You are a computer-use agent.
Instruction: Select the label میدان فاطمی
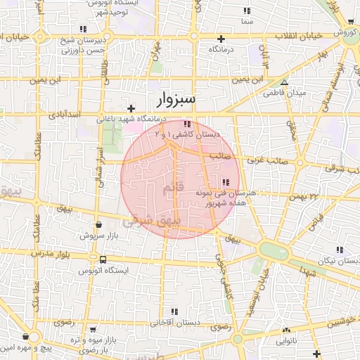pos(283,93)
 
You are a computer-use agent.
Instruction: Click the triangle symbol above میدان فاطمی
pos(284,82)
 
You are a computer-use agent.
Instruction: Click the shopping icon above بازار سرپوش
pos(98,226)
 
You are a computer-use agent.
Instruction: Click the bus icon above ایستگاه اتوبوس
pos(103,259)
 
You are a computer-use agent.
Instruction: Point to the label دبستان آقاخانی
pos(174,323)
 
